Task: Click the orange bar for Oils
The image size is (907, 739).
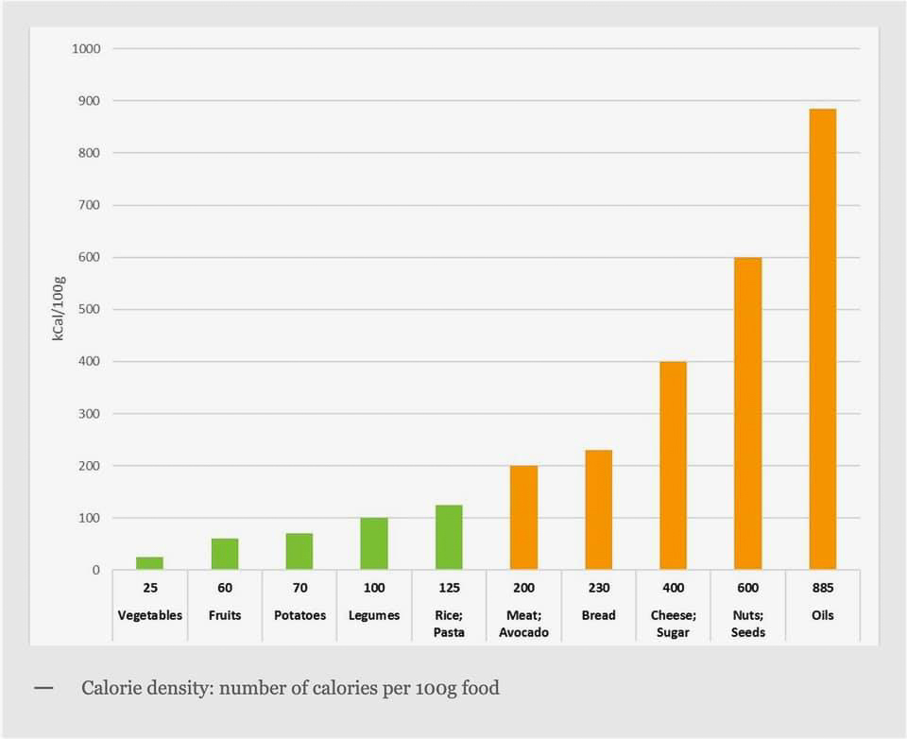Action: (822, 339)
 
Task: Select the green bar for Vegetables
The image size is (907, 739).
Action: (149, 563)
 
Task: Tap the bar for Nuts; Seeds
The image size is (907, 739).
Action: (747, 414)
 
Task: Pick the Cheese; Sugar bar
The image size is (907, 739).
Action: (673, 466)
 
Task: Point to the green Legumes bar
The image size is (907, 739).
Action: (374, 543)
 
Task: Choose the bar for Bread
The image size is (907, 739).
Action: (598, 510)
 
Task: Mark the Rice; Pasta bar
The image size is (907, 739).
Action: (449, 538)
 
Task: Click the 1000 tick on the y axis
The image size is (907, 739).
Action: (86, 48)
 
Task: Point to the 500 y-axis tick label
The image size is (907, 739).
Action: (89, 309)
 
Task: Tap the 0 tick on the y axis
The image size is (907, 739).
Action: (95, 570)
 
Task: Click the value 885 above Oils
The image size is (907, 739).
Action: (822, 588)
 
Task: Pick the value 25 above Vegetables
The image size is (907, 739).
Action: (149, 588)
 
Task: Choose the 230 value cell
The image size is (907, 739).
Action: (598, 588)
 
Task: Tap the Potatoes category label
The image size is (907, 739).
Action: (299, 615)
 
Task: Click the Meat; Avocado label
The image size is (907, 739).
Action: (523, 624)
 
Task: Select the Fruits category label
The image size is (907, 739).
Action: (225, 615)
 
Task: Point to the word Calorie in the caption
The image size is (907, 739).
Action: (111, 688)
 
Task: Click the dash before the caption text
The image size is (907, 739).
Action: (43, 687)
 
